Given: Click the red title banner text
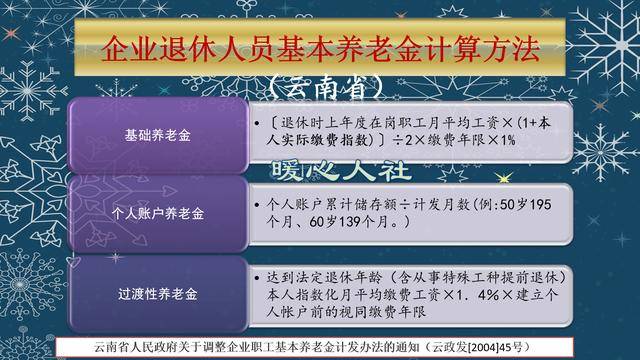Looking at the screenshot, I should [320, 44].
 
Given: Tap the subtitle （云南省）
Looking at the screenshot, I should [320, 87].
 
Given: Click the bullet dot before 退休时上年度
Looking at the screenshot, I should [260, 123].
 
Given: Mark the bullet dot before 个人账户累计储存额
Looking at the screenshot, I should [260, 203].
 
